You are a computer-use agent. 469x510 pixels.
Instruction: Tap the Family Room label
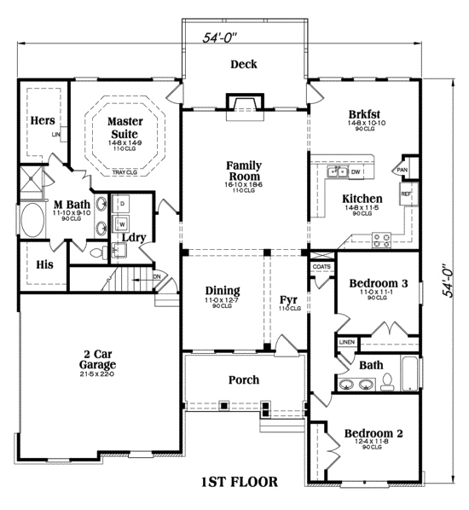tap(243, 170)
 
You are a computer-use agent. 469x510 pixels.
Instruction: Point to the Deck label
tap(244, 64)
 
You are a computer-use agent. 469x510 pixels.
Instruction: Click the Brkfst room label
tap(364, 113)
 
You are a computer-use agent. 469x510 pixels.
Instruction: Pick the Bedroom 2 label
tap(373, 433)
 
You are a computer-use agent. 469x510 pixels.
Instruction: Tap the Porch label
tap(243, 380)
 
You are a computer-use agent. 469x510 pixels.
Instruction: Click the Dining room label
tap(222, 290)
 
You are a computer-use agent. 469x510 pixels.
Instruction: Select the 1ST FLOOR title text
tap(239, 482)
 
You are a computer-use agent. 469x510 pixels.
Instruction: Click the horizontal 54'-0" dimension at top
tap(219, 38)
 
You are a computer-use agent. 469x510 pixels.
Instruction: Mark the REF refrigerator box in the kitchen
tap(406, 194)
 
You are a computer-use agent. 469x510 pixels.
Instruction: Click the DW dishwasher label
tap(356, 172)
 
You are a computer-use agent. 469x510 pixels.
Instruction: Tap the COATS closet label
tap(321, 267)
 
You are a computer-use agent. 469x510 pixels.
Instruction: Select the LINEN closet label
tap(346, 342)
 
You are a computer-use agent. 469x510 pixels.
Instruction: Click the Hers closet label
tap(43, 121)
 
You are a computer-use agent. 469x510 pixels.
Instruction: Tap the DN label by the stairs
tap(157, 275)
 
